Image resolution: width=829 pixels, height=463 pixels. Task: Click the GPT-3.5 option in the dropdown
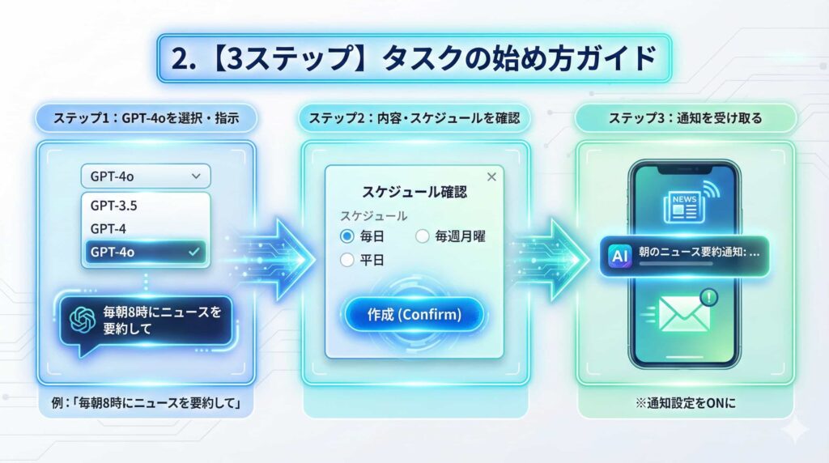[x=113, y=206]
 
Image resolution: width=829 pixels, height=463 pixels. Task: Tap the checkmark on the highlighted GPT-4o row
[x=193, y=253]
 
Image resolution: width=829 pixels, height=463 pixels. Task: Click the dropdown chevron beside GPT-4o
[x=194, y=176]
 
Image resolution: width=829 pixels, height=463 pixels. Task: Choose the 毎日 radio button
[x=347, y=236]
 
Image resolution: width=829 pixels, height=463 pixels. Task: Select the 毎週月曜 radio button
[x=422, y=236]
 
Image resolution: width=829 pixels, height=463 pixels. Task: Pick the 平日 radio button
[x=347, y=260]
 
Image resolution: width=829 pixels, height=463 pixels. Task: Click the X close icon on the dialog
[x=491, y=177]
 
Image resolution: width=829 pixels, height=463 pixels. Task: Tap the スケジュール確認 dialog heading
[x=414, y=194]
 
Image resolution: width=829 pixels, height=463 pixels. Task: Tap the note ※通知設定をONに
[x=685, y=402]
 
